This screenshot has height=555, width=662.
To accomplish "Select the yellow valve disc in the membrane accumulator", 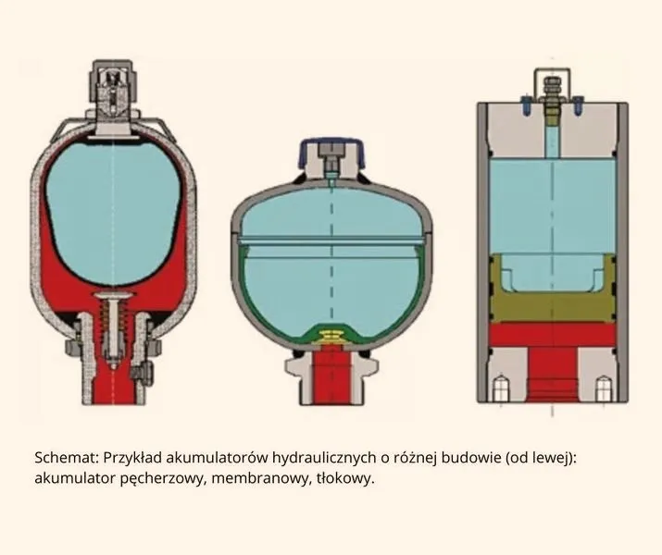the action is pyautogui.click(x=331, y=336).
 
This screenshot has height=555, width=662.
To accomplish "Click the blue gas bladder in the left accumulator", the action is pyautogui.click(x=113, y=211).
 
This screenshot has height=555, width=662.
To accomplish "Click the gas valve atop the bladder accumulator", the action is pyautogui.click(x=113, y=98).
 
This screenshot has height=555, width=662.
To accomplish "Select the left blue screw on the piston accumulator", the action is pyautogui.click(x=526, y=105).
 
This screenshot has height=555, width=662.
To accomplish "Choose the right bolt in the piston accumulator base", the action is pyautogui.click(x=604, y=388).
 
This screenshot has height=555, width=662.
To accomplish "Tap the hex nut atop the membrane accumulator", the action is pyautogui.click(x=331, y=150).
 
